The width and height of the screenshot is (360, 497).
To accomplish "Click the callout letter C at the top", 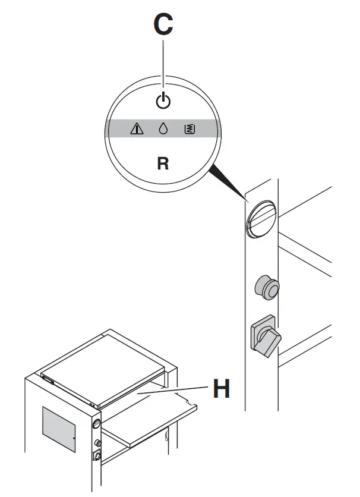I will click(x=163, y=26).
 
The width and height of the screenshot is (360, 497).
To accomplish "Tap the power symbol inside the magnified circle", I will click(x=163, y=102).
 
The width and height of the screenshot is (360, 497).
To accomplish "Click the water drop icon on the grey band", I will click(x=163, y=128).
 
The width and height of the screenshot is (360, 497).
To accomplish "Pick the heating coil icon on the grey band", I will click(x=190, y=128).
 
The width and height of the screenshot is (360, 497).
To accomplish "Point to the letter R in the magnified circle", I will click(x=163, y=163).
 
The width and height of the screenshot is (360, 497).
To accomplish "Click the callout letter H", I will click(x=221, y=391).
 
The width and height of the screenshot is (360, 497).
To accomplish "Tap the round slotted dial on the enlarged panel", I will click(x=261, y=218).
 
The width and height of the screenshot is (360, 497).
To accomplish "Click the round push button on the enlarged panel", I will click(x=266, y=288).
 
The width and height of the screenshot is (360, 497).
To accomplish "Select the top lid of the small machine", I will click(x=104, y=366).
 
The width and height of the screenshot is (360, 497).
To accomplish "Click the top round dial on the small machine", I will click(x=96, y=424).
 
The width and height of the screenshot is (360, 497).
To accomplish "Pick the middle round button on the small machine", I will click(x=97, y=443).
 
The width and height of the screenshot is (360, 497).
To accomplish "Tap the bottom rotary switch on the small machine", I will click(x=97, y=456).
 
